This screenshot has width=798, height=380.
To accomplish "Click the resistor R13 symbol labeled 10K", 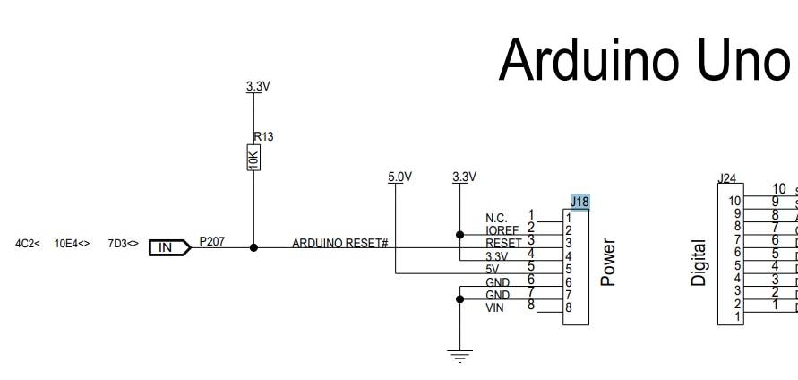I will point(253,159).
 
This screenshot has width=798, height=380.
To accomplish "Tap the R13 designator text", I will point(263,137).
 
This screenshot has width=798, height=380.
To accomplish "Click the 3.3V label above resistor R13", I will point(258,87).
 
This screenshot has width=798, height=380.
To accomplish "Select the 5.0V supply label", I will point(399,177).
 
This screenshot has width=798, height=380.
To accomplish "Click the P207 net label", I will point(212,242).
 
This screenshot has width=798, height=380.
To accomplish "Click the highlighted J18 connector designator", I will point(579,202).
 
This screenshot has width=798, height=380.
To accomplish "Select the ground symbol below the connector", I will point(459,356).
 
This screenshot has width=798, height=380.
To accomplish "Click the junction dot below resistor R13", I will point(253,247).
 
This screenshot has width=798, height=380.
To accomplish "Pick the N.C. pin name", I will point(496,219).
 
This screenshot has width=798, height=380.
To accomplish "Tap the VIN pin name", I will point(495,308).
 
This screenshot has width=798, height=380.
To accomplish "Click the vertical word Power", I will point(609,262).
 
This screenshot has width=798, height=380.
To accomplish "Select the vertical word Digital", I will point(699,263).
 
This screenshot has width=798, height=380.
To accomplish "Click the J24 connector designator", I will point(727,179).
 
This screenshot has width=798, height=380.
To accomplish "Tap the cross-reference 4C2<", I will point(28,243).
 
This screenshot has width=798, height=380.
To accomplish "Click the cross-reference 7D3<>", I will point(123,243).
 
